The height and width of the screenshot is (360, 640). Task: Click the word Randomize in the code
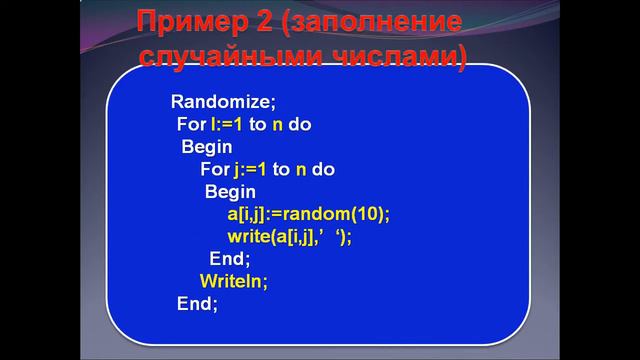pos(220,102)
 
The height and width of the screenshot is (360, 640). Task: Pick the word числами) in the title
pos(406,54)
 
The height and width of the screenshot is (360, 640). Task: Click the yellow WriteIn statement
pos(234,281)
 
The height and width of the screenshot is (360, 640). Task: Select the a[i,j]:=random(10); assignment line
pos(308,214)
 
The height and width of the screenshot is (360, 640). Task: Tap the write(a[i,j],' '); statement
pos(290,236)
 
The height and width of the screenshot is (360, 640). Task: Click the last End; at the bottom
pos(197,303)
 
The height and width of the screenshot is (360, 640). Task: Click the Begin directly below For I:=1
pos(207,147)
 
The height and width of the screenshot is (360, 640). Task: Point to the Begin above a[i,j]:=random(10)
pos(230,191)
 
